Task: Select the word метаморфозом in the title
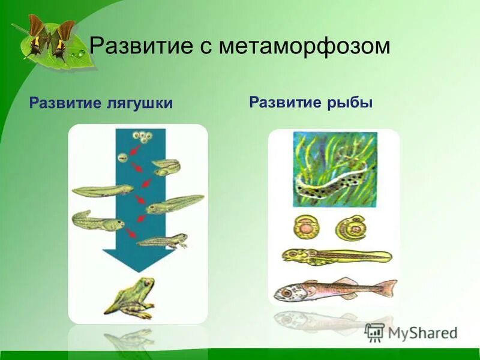(304, 46)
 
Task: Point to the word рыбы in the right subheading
(353, 102)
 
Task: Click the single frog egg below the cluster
(122, 157)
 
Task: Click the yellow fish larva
(336, 256)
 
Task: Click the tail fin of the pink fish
(386, 287)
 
